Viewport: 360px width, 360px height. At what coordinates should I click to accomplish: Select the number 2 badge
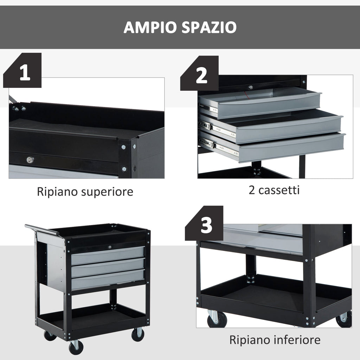point(201,76)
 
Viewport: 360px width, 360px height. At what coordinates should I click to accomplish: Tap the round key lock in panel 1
point(30,160)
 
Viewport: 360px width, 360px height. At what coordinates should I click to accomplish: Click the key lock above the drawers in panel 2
point(250,87)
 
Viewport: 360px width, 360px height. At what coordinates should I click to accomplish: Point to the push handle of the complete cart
point(42,230)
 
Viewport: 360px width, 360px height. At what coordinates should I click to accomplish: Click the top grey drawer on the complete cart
point(108,255)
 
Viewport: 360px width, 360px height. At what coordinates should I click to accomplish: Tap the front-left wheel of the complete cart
point(76,347)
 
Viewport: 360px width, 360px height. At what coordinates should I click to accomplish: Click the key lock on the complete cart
point(109,247)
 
